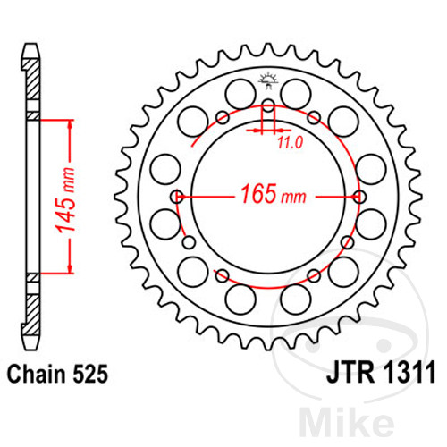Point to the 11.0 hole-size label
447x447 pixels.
tap(289, 141)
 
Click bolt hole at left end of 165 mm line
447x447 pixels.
tap(179, 197)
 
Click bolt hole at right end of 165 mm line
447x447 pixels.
tap(360, 197)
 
